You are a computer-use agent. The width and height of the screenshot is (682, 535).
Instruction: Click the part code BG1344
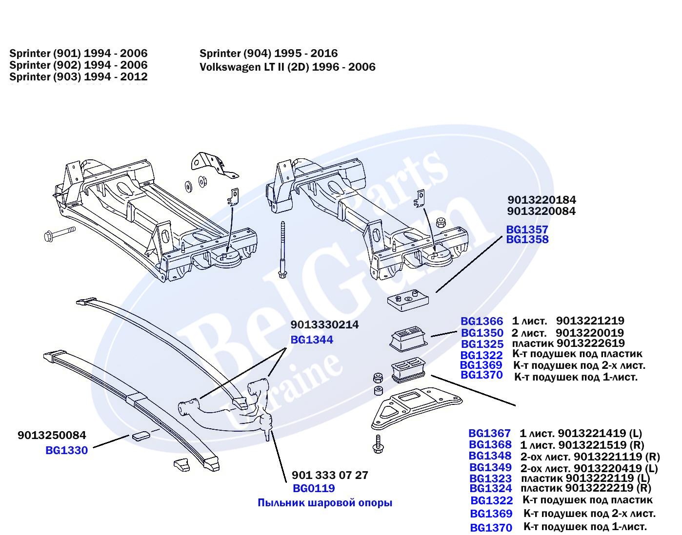[312, 340]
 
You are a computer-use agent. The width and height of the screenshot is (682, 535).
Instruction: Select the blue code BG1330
[66, 450]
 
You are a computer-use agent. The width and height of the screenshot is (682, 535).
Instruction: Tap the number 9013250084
[52, 435]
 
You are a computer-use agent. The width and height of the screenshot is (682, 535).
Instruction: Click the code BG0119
[314, 488]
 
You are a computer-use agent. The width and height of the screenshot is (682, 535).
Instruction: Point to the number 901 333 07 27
[330, 475]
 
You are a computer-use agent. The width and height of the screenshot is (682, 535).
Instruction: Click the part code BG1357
[527, 229]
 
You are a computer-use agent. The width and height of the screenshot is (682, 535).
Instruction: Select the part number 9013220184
[542, 200]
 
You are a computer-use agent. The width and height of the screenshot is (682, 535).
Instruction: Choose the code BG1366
[481, 322]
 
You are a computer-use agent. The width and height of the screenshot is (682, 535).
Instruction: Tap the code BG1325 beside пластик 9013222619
[481, 344]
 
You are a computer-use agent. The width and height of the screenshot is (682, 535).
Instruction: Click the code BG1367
[489, 433]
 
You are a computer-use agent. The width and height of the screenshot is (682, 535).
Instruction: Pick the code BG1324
[491, 488]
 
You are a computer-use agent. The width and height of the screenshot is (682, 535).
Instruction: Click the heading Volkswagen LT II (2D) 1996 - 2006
[287, 67]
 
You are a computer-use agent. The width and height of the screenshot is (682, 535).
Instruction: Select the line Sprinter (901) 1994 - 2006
[78, 53]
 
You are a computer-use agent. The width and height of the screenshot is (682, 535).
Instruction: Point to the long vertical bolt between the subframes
[282, 248]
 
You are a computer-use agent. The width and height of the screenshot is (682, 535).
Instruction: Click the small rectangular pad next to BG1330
[139, 435]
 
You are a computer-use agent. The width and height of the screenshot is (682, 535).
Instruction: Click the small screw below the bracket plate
[378, 443]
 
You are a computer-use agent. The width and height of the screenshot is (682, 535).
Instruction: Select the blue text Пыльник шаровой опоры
[324, 503]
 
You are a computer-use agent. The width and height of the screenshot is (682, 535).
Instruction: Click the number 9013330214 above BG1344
[324, 325]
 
